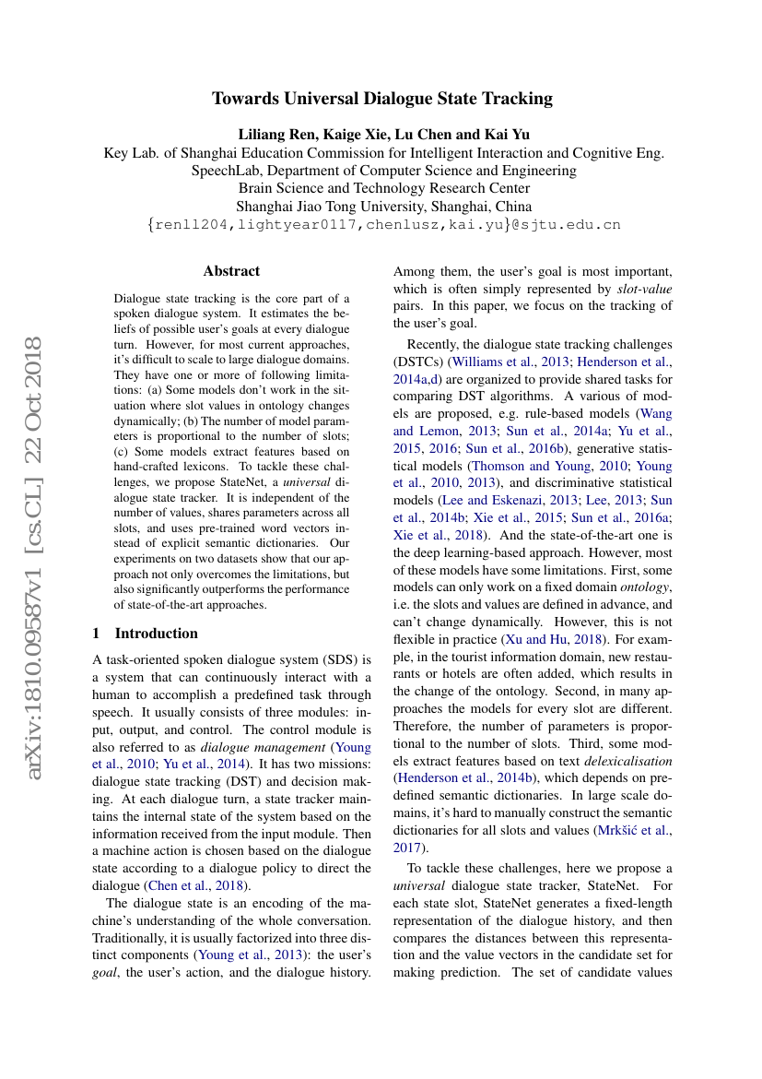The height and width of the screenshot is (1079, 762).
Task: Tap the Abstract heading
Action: (231, 271)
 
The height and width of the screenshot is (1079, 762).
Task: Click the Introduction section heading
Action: (156, 634)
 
